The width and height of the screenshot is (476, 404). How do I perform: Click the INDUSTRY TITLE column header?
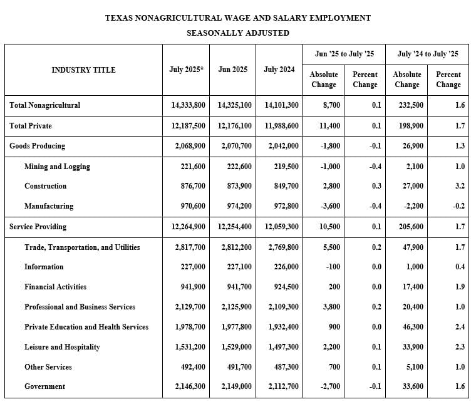click(x=83, y=70)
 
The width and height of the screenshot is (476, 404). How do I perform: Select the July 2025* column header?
click(x=187, y=70)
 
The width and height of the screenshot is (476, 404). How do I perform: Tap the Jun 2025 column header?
click(x=233, y=70)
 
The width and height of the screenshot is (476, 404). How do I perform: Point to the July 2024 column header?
click(x=279, y=70)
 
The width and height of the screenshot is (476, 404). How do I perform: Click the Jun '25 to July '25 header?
click(x=344, y=54)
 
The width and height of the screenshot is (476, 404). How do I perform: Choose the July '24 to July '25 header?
click(x=428, y=54)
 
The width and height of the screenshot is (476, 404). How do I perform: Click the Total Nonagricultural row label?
click(x=44, y=105)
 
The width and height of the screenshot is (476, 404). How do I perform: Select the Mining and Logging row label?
click(x=57, y=167)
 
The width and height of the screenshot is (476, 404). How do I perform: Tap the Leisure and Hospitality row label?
click(x=62, y=347)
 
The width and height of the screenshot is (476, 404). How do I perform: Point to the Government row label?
click(x=44, y=386)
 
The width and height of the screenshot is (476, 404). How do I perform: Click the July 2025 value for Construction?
click(x=193, y=186)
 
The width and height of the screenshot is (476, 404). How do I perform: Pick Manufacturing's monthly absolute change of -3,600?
click(x=330, y=206)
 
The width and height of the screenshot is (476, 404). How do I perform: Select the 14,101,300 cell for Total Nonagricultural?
click(x=282, y=105)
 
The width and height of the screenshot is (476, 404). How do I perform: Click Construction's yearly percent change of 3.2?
click(x=460, y=186)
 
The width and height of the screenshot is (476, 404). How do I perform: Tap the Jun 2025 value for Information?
click(x=239, y=267)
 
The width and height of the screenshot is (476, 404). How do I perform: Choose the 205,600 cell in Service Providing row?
click(x=411, y=227)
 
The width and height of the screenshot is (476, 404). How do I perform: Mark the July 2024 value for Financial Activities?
click(x=286, y=287)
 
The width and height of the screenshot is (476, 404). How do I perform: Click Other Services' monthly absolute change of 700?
click(x=334, y=367)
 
